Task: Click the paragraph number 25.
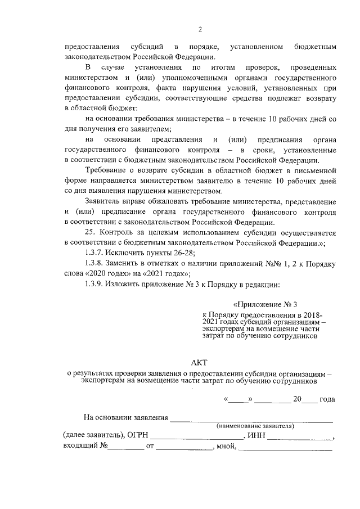pyautogui.click(x=91, y=232)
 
